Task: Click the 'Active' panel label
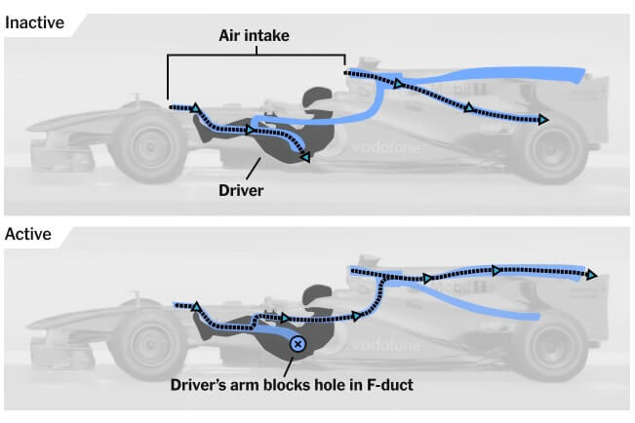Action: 28,234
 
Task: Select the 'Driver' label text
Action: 241,189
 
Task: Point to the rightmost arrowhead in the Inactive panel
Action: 542,120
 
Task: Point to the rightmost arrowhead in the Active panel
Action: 591,274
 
